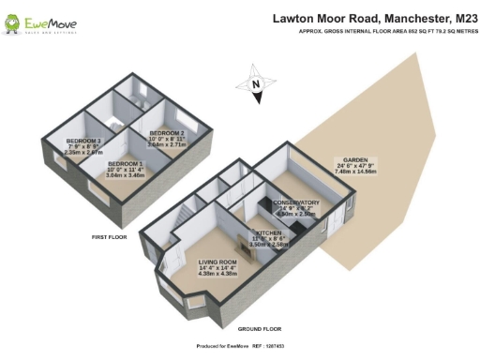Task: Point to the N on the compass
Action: point(256,84)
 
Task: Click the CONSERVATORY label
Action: point(295,202)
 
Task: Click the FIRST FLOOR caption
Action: point(111,237)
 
